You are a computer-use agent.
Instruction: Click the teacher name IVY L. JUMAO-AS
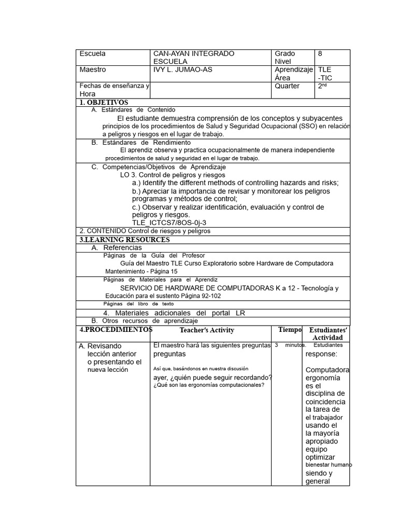183,69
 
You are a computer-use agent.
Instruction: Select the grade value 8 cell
320,53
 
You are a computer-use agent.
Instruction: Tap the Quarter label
287,86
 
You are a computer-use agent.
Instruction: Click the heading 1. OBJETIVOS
104,103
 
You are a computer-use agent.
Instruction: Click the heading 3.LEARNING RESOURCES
124,240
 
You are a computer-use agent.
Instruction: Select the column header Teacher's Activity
207,330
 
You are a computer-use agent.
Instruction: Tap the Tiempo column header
290,330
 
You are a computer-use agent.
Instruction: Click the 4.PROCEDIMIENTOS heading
116,330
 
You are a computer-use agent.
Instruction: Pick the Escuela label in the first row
92,53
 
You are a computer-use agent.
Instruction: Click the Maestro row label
93,69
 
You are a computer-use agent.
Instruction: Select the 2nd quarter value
323,87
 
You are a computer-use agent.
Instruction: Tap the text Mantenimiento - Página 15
141,271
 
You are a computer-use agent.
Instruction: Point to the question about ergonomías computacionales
209,385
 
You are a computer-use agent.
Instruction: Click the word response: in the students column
321,354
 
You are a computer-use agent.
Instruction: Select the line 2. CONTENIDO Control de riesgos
145,231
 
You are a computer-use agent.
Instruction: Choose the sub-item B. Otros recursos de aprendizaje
145,321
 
